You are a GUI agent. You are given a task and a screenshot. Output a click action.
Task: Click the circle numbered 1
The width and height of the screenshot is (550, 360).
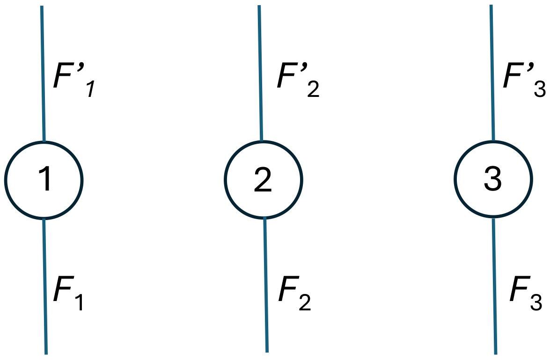pos(44,180)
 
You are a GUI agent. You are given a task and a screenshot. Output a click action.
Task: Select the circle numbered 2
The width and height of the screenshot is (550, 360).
pos(263,179)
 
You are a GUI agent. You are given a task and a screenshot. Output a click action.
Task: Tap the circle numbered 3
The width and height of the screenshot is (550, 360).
pos(493,179)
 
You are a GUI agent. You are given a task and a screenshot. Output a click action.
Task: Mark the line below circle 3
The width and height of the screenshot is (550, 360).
pos(494,286)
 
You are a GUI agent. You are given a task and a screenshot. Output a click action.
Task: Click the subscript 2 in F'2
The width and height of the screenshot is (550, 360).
pos(313,89)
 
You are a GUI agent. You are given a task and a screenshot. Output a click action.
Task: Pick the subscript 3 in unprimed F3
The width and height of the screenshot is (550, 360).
pos(536,301)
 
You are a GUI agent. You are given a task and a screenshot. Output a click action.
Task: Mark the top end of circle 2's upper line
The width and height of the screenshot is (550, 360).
pos(259,7)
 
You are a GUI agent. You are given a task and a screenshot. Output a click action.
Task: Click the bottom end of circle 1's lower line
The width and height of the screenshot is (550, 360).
pos(46,353)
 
